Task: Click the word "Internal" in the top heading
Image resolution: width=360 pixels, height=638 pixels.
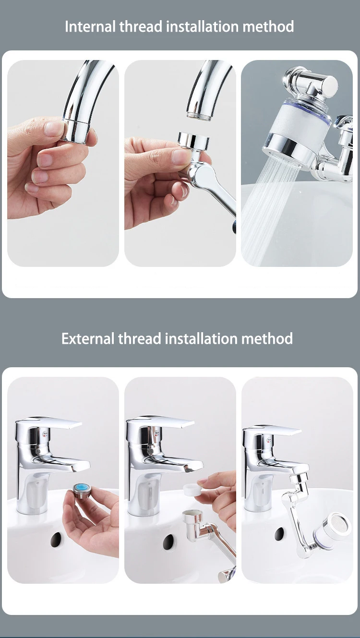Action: pyautogui.click(x=90, y=26)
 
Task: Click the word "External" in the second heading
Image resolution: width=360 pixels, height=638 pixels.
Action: pyautogui.click(x=88, y=338)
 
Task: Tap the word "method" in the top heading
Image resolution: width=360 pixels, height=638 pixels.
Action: pyautogui.click(x=268, y=26)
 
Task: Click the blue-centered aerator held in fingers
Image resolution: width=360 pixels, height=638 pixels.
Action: pyautogui.click(x=82, y=489)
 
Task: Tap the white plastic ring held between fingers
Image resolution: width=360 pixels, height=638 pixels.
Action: pyautogui.click(x=192, y=490)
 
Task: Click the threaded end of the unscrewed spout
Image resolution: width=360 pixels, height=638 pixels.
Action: pyautogui.click(x=199, y=116)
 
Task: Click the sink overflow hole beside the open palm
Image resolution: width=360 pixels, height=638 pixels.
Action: pyautogui.click(x=56, y=539)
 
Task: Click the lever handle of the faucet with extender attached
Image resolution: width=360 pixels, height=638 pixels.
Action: pyautogui.click(x=273, y=430)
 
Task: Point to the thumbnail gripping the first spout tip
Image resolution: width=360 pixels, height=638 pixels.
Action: pyautogui.click(x=53, y=129)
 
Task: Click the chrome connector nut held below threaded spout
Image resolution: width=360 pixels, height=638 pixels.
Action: pyautogui.click(x=193, y=140)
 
